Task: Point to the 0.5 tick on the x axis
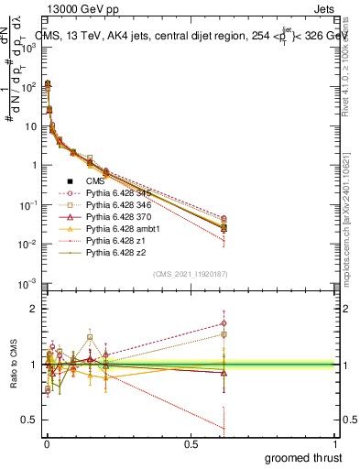(x=191, y=443)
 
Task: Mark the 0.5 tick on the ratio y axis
(x=32, y=420)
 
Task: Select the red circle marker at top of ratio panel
(x=224, y=322)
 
